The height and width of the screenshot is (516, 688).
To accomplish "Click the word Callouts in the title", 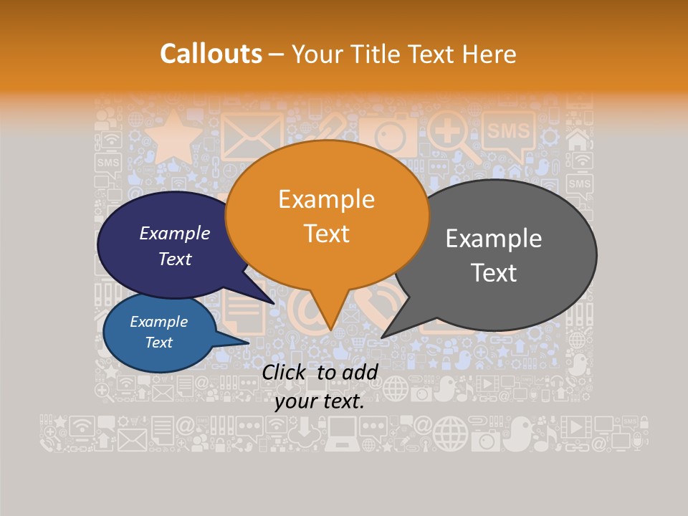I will click(x=211, y=54).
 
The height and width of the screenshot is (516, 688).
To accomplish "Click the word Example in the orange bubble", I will click(x=326, y=199).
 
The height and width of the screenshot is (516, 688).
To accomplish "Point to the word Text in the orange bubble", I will click(x=326, y=234).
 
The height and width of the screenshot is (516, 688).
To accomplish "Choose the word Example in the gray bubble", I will click(x=494, y=239).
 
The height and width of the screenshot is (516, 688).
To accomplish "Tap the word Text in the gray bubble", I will click(x=494, y=273).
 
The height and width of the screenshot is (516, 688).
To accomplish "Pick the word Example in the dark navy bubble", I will click(x=174, y=233).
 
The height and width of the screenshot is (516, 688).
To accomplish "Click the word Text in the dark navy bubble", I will click(x=174, y=259).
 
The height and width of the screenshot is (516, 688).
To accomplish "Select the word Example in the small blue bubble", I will click(x=158, y=322).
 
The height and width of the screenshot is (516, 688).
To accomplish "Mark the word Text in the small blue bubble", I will click(x=158, y=343).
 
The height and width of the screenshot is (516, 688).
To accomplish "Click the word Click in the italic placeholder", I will click(x=286, y=372).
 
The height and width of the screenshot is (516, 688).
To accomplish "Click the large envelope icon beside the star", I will click(x=252, y=136).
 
